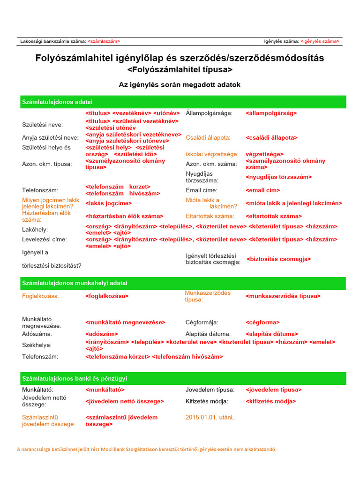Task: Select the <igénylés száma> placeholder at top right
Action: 320,41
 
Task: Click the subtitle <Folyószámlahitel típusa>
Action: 180,69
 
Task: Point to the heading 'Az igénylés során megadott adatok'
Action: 180,85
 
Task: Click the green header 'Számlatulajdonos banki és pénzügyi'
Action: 75,378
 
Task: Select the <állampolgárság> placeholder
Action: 271,113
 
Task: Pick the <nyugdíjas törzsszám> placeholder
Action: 278,177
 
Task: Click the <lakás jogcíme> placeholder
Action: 108,203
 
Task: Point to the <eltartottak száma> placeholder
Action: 274,216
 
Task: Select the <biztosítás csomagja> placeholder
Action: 278,259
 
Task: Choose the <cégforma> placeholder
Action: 262,322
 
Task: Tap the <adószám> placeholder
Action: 101,334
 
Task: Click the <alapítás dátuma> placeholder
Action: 271,334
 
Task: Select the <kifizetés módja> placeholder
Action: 270,401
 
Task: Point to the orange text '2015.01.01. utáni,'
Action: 210,417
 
